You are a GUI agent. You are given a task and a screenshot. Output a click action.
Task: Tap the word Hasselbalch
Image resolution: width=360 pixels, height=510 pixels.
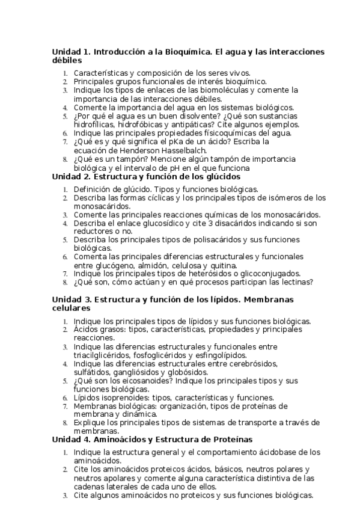click(x=182, y=150)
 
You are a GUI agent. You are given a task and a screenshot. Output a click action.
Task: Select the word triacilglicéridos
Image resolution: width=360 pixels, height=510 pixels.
click(x=102, y=355)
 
